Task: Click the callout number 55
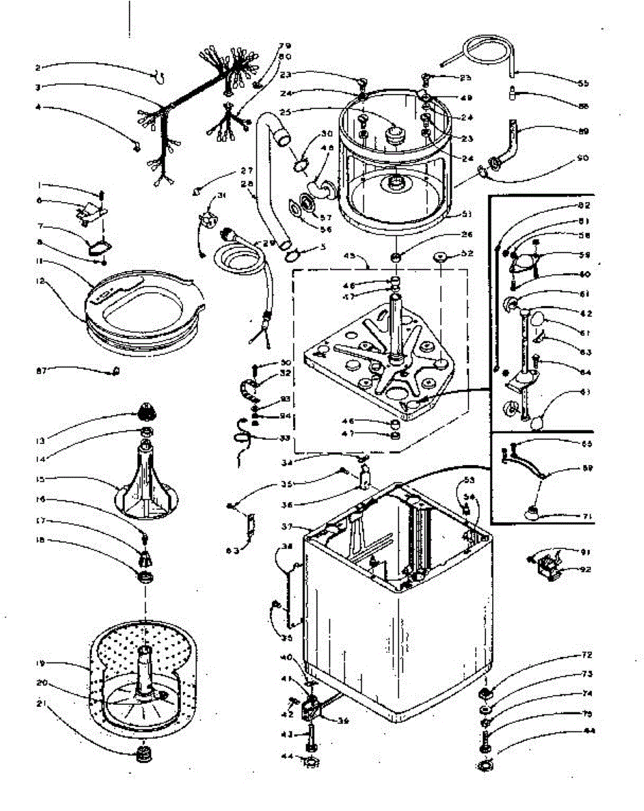[583, 84]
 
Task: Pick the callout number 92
[585, 569]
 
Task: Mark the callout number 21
[41, 704]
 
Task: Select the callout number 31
[220, 197]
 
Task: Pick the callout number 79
[284, 46]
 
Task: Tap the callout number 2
[38, 67]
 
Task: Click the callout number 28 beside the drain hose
[248, 182]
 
